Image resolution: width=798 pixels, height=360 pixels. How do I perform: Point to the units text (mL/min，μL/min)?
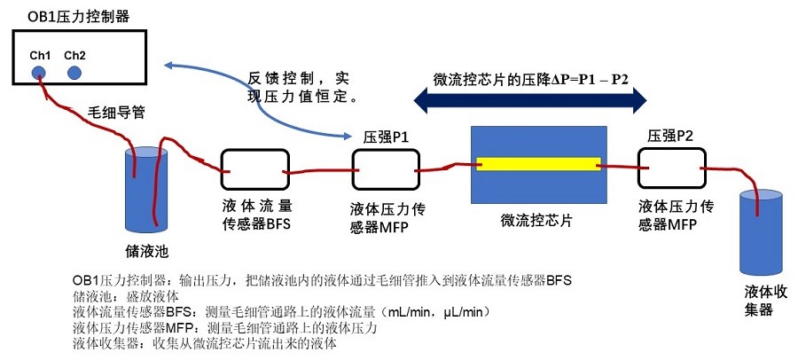pos(430,312)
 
